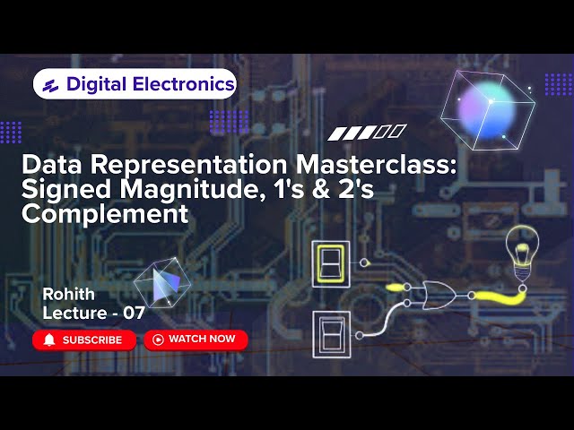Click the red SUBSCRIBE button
pos(84,340)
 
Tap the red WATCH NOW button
pos(196,339)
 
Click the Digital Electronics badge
pos(135,85)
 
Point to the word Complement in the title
pos(105,215)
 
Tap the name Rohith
pos(68,294)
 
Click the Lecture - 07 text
pos(93,314)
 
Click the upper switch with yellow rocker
pos(330,263)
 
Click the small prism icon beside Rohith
pos(161,286)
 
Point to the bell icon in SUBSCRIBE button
pos(49,340)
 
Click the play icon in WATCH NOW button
pos(158,340)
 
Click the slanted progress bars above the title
pos(368,133)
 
